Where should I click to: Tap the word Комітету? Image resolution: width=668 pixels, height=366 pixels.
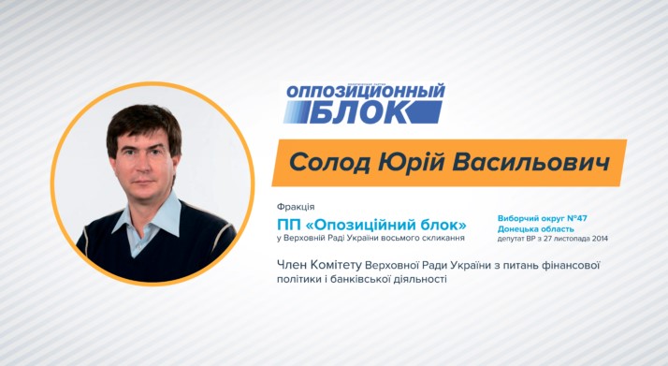tap(345, 265)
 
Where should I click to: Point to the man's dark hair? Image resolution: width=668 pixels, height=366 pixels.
tap(140, 122)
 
